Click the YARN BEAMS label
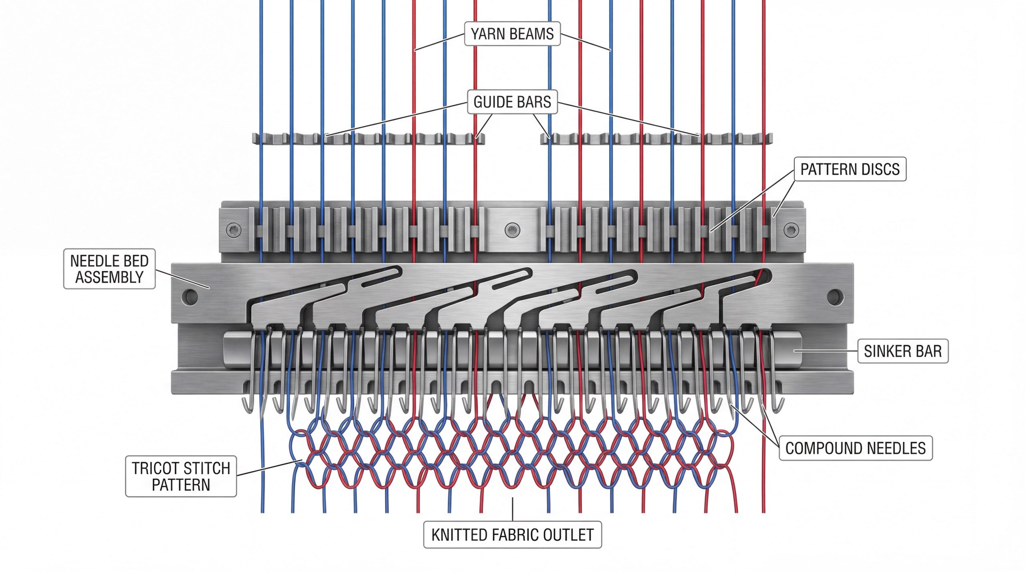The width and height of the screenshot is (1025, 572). coord(512,34)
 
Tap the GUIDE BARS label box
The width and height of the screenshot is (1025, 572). coord(512,102)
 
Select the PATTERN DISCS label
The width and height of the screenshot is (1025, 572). coord(850,169)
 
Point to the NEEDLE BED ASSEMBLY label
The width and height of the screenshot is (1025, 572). coord(109,269)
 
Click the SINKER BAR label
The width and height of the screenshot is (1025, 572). coord(902,351)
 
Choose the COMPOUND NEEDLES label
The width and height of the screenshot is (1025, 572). coord(855,448)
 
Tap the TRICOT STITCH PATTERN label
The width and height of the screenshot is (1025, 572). coord(181,476)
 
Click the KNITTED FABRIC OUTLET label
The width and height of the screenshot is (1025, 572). coord(512,535)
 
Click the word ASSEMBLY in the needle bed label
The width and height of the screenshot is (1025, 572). coord(109,277)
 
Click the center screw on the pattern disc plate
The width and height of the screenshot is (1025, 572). coord(512,230)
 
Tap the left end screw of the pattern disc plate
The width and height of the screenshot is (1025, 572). coord(233,230)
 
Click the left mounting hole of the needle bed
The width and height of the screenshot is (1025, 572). coord(190,296)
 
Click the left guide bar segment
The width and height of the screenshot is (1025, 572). coord(368,138)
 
